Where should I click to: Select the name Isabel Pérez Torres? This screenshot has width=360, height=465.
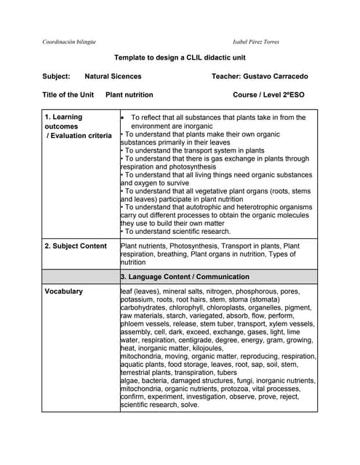coord(255,41)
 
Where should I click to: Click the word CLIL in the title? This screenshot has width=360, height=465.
coord(191,57)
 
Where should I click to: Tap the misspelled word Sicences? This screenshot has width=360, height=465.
coord(126,76)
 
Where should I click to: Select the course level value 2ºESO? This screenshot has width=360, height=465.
coord(290,95)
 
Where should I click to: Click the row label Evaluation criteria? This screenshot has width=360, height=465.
coord(81,136)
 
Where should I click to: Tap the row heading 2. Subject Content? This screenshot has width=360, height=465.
coord(76,246)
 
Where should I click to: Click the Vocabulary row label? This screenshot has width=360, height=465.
coord(63,291)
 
